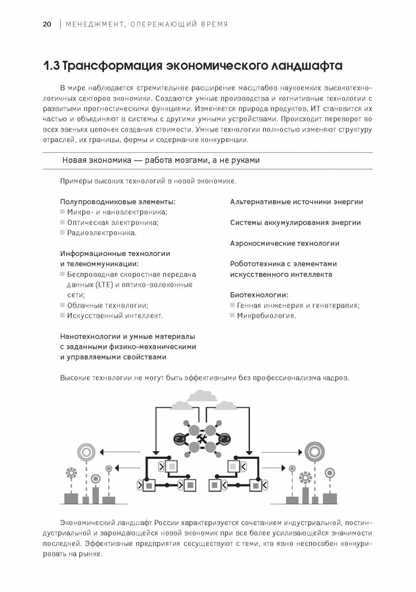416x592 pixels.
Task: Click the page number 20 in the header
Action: tap(47, 24)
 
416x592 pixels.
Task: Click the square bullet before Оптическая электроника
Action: tap(62, 223)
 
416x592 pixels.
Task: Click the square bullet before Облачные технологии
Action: tap(62, 305)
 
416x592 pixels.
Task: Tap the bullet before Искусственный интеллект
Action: tap(62, 316)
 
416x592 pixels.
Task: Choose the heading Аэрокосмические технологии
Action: tap(284, 243)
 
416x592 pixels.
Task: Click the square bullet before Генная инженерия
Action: tap(232, 305)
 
